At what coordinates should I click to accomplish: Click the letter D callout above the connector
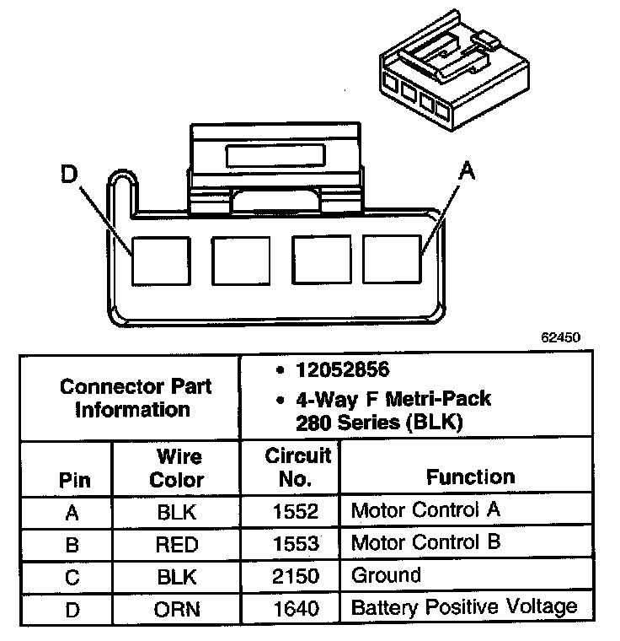(71, 175)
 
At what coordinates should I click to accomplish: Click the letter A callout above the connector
(466, 171)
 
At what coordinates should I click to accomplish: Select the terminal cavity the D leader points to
(158, 258)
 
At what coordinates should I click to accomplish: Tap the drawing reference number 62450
(560, 336)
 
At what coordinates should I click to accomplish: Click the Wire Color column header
(177, 468)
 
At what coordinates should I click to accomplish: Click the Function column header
(470, 477)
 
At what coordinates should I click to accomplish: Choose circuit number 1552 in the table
(296, 511)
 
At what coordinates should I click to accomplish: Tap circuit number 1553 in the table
(296, 543)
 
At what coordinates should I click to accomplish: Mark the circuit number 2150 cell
(296, 576)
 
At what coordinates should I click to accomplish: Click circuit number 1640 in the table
(296, 608)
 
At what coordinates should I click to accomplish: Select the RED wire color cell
(177, 544)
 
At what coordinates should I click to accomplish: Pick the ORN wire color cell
(177, 609)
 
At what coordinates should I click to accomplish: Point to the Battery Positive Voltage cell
(463, 607)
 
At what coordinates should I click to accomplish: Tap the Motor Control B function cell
(425, 542)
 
